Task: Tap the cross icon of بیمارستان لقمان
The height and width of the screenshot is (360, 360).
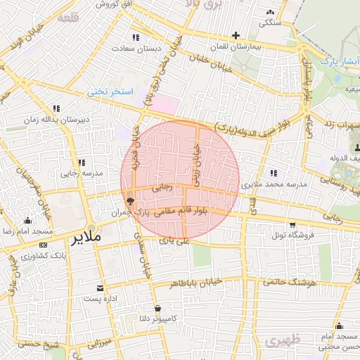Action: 236,35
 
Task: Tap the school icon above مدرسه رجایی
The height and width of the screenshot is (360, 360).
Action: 82,162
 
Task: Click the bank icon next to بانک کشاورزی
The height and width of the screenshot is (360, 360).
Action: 44,245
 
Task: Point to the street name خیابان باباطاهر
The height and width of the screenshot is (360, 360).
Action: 195,283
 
